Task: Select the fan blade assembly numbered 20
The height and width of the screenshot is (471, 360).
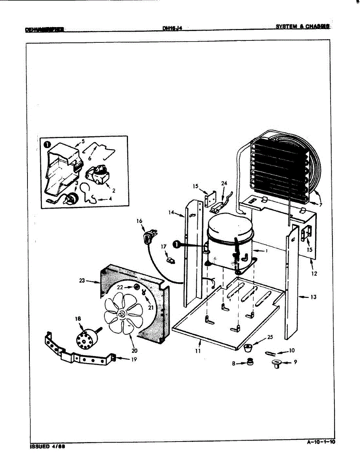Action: [x=124, y=314]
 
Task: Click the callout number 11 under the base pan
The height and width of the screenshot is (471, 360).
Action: [x=198, y=351]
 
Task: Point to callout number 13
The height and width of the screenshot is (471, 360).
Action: [x=313, y=297]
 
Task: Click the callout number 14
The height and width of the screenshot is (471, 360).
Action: [x=171, y=212]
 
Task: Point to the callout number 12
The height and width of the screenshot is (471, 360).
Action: [x=314, y=274]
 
